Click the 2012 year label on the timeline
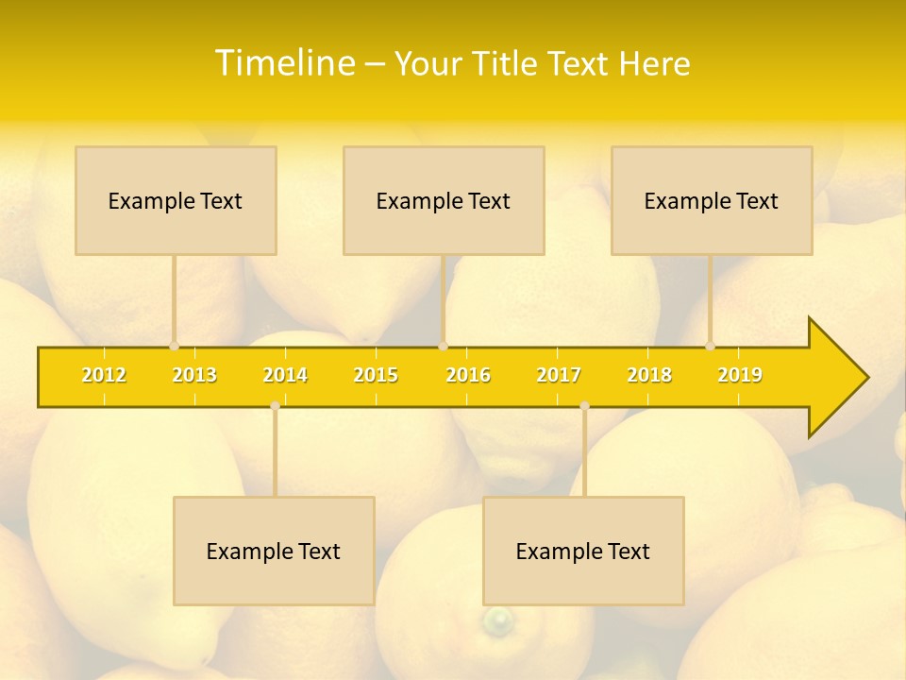104,375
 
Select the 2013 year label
194,375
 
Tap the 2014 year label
285,375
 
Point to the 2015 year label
376,375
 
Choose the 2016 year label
468,375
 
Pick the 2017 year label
559,375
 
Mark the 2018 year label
649,375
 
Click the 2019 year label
740,375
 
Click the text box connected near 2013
176,200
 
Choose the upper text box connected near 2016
444,200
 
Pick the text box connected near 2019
712,200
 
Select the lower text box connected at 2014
274,551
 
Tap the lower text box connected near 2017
583,551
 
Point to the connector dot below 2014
275,405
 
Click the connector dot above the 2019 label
711,346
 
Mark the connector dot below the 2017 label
584,405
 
